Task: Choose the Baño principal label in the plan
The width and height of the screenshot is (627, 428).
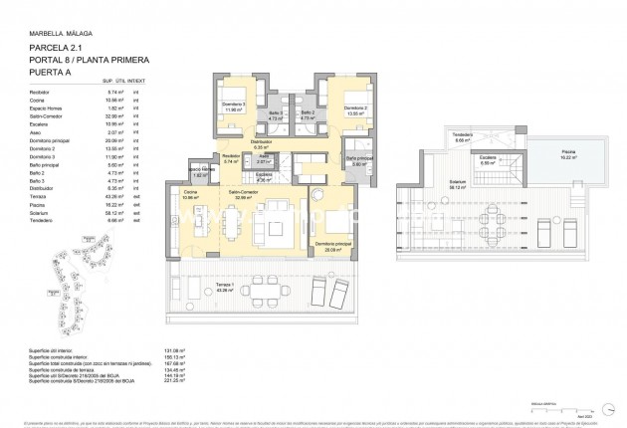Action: click(359, 158)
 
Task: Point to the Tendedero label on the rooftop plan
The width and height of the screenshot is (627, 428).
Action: click(462, 134)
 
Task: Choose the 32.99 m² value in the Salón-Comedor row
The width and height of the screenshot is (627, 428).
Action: click(114, 117)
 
